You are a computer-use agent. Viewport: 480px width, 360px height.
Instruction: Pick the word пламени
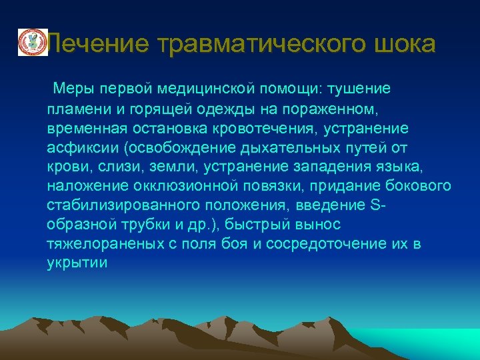75,108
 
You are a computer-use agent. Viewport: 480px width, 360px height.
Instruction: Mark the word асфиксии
76,147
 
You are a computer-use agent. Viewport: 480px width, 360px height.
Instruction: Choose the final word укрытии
77,263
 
